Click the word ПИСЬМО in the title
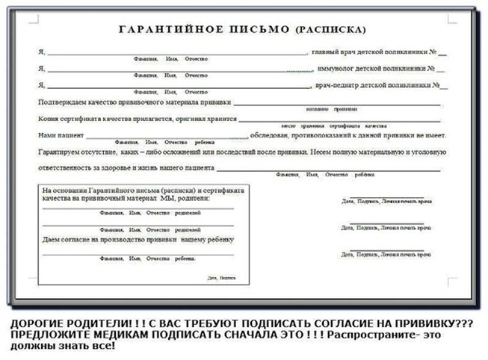tap(262, 31)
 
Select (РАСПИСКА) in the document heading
tap(331, 31)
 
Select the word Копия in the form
tap(49, 118)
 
